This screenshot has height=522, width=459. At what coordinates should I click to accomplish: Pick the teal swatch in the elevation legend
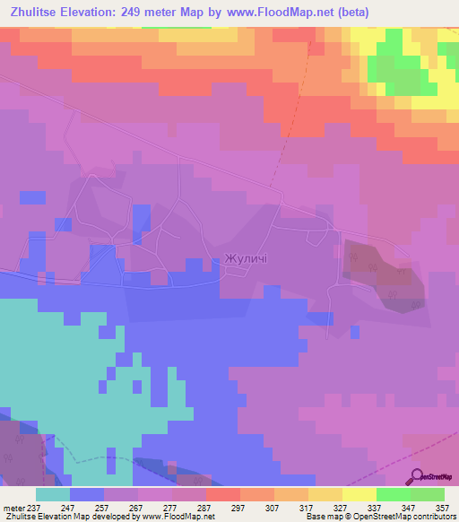[x=53, y=494]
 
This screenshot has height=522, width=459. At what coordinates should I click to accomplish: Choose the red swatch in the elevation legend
[x=223, y=494]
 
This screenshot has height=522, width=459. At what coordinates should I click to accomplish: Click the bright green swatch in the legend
[x=394, y=494]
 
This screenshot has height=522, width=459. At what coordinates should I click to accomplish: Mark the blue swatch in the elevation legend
[x=87, y=494]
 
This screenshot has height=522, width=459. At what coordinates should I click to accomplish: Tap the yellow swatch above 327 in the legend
[x=325, y=494]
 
